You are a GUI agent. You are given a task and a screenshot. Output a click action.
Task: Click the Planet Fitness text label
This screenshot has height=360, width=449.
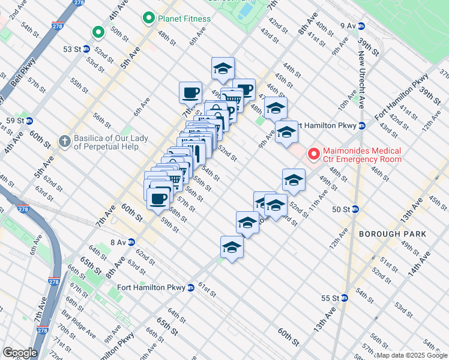coord(184,19)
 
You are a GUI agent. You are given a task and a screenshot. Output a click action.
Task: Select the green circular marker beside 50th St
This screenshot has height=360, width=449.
coord(97,32)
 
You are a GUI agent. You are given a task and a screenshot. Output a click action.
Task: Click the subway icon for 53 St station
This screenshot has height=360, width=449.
coord(86,49)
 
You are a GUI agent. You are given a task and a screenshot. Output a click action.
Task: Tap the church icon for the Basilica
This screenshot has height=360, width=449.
coord(65,142)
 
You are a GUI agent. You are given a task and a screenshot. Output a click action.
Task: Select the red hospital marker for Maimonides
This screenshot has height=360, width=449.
coord(313,155)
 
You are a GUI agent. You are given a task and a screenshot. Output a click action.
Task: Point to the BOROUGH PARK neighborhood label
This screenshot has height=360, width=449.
coord(392,234)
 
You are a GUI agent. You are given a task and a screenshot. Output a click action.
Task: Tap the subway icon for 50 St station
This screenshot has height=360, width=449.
coord(355,209)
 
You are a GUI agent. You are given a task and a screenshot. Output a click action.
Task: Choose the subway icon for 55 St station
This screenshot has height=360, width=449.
coord(344,298)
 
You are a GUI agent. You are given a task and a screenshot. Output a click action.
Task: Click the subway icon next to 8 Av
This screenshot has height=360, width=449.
coord(130,242)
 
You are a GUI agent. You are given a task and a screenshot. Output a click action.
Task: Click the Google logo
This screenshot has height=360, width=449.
coord(20,353)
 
